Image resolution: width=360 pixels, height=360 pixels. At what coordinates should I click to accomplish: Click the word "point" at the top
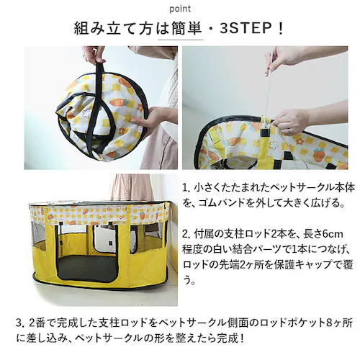pyautogui.click(x=179, y=9)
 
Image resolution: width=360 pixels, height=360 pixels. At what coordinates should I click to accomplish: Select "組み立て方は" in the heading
pyautogui.click(x=115, y=30)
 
